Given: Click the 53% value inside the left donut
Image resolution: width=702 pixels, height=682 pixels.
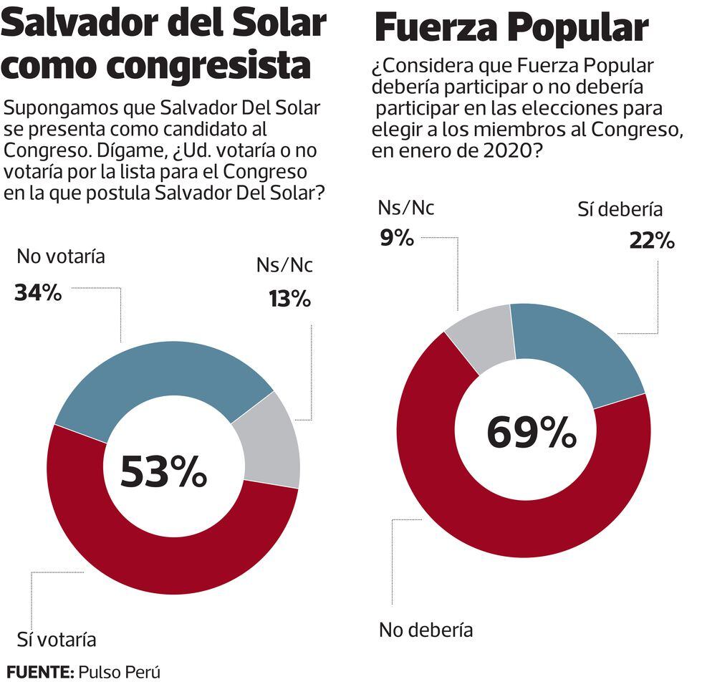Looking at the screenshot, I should pos(163,472).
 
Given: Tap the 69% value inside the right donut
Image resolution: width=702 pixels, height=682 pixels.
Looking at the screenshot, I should pos(532,433).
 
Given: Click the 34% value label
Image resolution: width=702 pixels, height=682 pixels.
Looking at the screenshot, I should pos(38,293).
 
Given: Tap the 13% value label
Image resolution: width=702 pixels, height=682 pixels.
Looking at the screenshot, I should pos(289,299).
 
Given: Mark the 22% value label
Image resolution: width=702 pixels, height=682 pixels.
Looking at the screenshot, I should pos(652,241).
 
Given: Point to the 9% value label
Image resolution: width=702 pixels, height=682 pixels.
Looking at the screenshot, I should pos(397,237).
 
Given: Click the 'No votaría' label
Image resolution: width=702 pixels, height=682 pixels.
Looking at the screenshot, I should pos(61,256).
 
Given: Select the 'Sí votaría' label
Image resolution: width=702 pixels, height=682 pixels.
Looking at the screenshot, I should pos(56,638).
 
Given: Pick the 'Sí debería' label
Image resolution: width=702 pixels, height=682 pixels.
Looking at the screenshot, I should pos(620,209).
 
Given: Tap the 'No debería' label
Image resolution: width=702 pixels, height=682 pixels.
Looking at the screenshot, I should pos(425,630).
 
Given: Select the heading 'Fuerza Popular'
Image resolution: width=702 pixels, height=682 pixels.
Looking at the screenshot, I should pos(511,29).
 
